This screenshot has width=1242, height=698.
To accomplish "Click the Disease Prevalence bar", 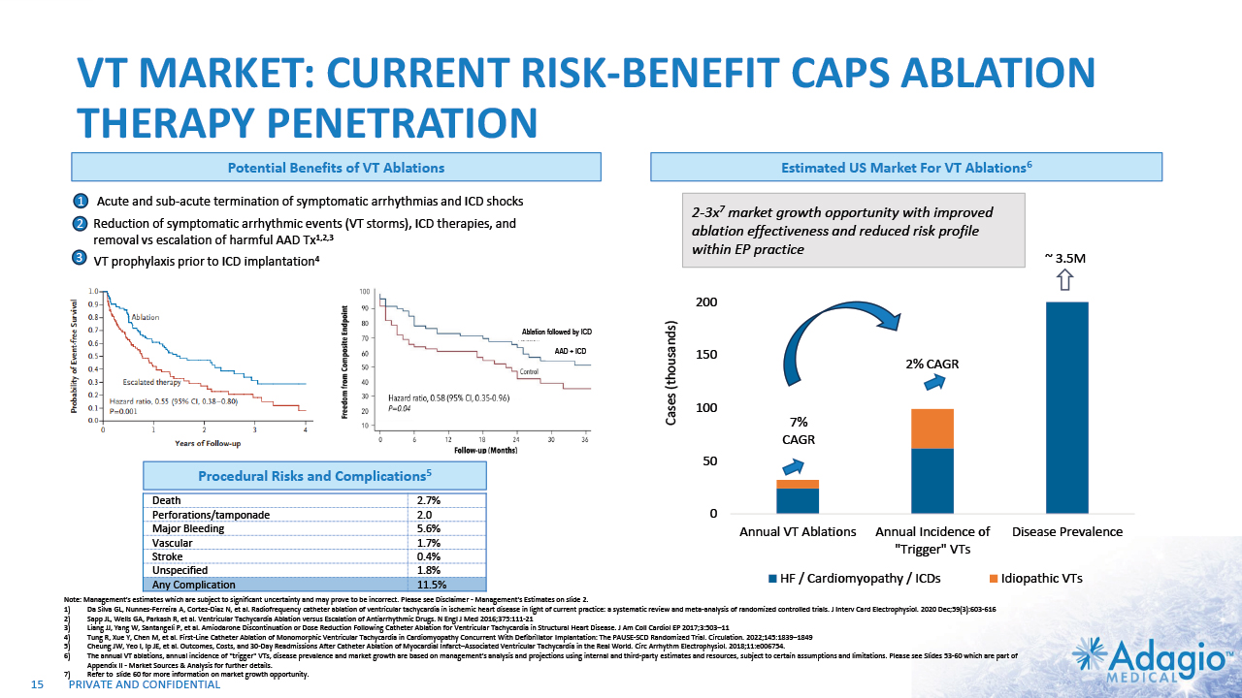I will coord(1066,407).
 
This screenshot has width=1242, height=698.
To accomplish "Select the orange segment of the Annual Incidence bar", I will coord(931,428).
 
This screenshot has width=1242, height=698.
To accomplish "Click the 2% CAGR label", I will coord(931,364).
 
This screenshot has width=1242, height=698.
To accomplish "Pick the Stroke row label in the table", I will coord(169,556).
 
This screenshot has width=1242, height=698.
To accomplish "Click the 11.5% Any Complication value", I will coord(431,585).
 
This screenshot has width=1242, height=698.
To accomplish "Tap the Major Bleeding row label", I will coord(188,528).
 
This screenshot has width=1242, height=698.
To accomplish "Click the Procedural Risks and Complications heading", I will coord(314,476).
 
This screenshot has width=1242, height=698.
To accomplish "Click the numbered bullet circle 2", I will coord(81,224).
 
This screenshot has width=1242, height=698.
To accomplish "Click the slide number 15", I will coord(39,685).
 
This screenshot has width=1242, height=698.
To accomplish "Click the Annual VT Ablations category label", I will coord(798,531).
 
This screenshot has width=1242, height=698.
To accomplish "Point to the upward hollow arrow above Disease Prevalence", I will coord(1064,280).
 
